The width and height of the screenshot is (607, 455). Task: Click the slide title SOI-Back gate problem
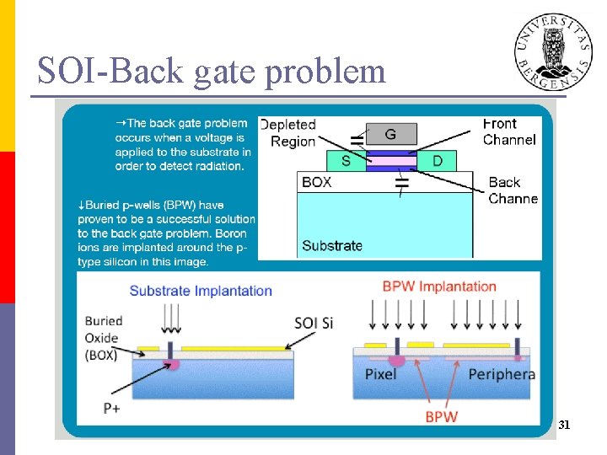pyautogui.click(x=211, y=72)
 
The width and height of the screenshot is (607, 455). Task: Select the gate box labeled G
pyautogui.click(x=389, y=134)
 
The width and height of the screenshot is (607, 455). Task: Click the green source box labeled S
pyautogui.click(x=346, y=160)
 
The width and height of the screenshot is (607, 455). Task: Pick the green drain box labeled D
pyautogui.click(x=436, y=160)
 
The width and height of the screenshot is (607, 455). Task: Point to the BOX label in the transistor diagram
pyautogui.click(x=317, y=182)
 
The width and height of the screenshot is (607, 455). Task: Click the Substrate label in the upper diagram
pyautogui.click(x=332, y=246)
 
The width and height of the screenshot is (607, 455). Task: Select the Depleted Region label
pyautogui.click(x=288, y=133)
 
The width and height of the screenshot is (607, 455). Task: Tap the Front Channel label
pyautogui.click(x=509, y=131)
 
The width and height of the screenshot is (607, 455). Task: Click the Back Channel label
pyautogui.click(x=513, y=190)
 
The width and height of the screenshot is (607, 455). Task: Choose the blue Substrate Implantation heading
pyautogui.click(x=201, y=291)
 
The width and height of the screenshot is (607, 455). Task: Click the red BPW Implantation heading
pyautogui.click(x=439, y=286)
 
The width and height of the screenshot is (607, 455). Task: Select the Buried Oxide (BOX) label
pyautogui.click(x=104, y=338)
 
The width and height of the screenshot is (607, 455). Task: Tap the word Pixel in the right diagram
pyautogui.click(x=380, y=374)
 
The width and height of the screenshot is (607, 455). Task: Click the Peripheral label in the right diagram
pyautogui.click(x=502, y=374)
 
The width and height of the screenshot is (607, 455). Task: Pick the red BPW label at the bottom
pyautogui.click(x=441, y=416)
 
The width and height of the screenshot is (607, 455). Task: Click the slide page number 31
pyautogui.click(x=564, y=426)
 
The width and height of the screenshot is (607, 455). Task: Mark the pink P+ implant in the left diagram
pyautogui.click(x=173, y=364)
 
